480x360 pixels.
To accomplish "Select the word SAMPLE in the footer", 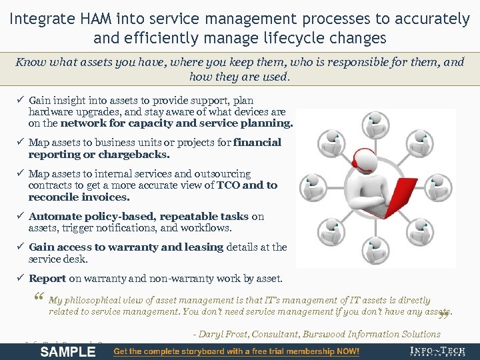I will pyautogui.click(x=68, y=352).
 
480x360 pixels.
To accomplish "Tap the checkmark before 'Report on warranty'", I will pyautogui.click(x=20, y=279).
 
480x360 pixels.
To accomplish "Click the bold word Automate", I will pyautogui.click(x=53, y=217).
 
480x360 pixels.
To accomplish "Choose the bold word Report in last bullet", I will pyautogui.click(x=47, y=279).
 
